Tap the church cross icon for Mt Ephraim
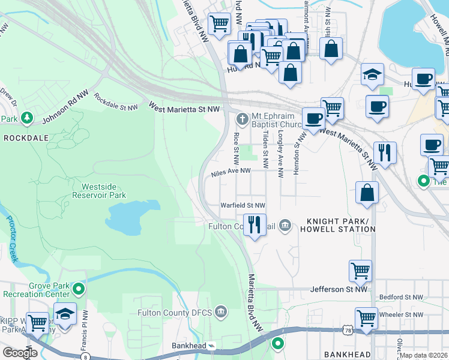[x=242, y=118]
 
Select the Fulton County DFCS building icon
[x=221, y=312]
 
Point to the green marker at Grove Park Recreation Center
[x=78, y=290]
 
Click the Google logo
[x=20, y=353]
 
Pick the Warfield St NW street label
[x=243, y=206]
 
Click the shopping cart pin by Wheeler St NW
[x=366, y=317]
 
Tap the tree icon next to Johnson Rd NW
[x=26, y=119]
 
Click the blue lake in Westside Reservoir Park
[x=133, y=218]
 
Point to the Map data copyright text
[x=424, y=355]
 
